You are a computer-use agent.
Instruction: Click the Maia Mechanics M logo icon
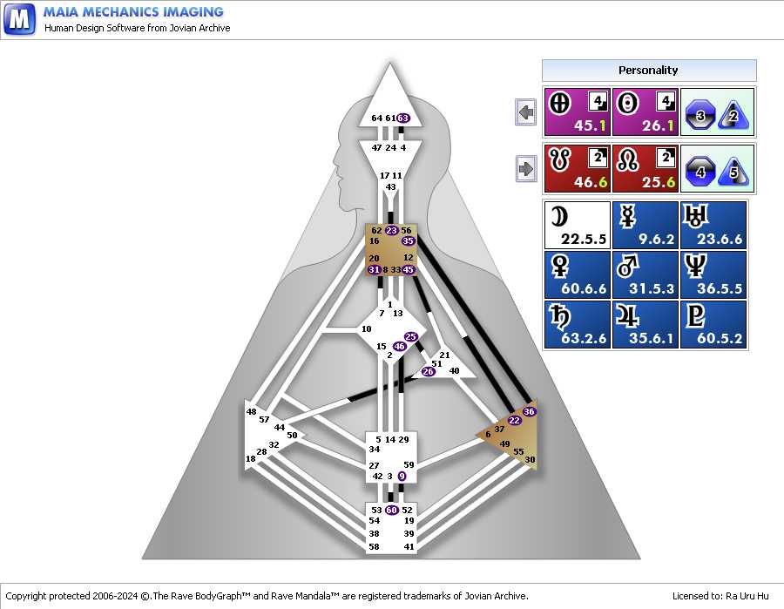(19, 19)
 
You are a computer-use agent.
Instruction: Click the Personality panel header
(649, 71)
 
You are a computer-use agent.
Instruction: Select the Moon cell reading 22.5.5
(578, 225)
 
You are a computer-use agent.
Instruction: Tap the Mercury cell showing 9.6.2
(645, 225)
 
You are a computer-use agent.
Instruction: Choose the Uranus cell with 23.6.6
(713, 225)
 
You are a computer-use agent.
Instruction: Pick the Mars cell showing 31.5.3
(645, 274)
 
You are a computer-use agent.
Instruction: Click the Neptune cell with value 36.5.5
(713, 274)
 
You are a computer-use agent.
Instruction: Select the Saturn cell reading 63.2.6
(578, 324)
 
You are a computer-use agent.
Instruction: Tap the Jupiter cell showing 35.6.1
(645, 324)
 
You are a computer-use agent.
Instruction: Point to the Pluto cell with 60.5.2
(713, 324)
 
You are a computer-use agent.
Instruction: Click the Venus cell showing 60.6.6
(578, 274)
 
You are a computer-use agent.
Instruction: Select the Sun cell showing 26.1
(645, 112)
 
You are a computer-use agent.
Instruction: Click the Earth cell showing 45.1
(578, 112)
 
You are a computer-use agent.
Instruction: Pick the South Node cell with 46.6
(578, 169)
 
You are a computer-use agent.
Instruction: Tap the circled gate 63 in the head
(403, 118)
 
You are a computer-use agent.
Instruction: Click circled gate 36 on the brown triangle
(529, 411)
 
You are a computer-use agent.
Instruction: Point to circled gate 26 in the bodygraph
(428, 371)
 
